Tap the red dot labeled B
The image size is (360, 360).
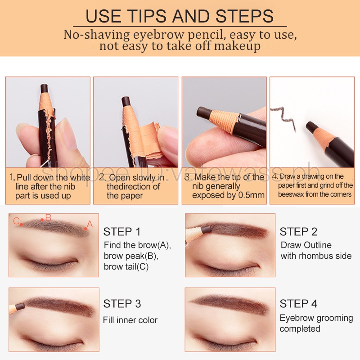click(x=42, y=220)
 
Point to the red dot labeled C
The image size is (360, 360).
click(x=21, y=224)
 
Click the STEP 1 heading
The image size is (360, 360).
click(x=122, y=232)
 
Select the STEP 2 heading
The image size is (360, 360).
click(x=298, y=232)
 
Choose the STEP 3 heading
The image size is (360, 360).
click(x=122, y=304)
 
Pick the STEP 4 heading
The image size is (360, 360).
click(x=298, y=304)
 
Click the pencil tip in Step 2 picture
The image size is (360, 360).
click(x=206, y=229)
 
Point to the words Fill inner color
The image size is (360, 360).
click(x=130, y=320)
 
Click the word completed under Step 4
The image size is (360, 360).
click(x=300, y=329)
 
